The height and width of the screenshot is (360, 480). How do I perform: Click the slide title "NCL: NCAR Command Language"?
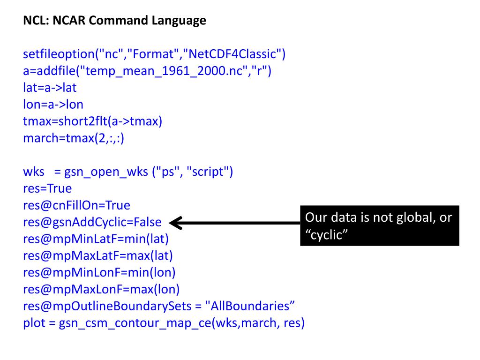pyautogui.click(x=114, y=21)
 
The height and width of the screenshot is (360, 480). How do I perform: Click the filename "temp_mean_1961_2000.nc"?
pyautogui.click(x=164, y=71)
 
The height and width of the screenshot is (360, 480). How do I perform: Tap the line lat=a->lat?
pyautogui.click(x=50, y=88)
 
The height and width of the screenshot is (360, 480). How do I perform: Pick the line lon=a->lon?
pyautogui.click(x=53, y=105)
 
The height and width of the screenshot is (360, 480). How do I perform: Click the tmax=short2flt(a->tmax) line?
pyautogui.click(x=92, y=121)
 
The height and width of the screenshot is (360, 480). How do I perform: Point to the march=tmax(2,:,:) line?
pyautogui.click(x=74, y=138)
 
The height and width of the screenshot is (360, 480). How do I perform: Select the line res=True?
pyautogui.click(x=47, y=188)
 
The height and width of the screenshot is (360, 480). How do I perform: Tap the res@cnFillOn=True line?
pyautogui.click(x=76, y=205)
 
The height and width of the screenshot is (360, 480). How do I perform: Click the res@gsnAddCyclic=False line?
pyautogui.click(x=92, y=222)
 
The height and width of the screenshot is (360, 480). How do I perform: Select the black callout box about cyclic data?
pyautogui.click(x=379, y=225)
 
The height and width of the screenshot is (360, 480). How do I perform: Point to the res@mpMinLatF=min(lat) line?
pyautogui.click(x=96, y=239)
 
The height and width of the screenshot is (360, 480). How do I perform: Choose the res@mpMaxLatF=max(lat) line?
pyautogui.click(x=98, y=256)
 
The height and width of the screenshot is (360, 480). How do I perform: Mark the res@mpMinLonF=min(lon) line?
pyautogui.click(x=99, y=272)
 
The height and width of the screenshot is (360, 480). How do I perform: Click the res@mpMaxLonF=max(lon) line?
pyautogui.click(x=101, y=289)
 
